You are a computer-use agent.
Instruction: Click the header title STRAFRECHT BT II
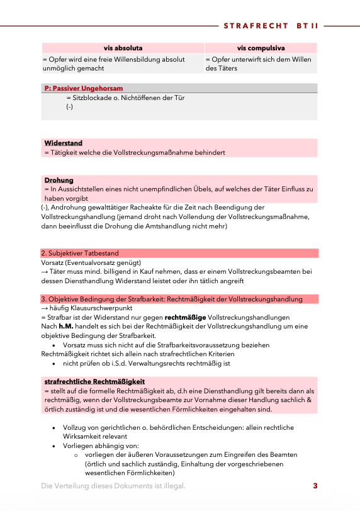point(271,26)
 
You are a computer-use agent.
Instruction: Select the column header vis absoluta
point(123,48)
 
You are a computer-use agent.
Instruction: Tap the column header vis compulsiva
point(261,48)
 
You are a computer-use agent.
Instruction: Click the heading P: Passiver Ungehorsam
point(84,88)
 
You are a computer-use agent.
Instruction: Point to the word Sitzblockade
point(93,98)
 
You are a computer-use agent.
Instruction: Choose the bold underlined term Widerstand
point(64,143)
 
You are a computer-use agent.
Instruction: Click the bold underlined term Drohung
point(59,180)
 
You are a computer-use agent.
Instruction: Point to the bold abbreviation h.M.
point(67,327)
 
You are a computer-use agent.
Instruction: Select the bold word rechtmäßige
point(187,317)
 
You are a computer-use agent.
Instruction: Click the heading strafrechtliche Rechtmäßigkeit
point(94,381)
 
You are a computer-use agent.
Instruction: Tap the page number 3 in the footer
point(315,486)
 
